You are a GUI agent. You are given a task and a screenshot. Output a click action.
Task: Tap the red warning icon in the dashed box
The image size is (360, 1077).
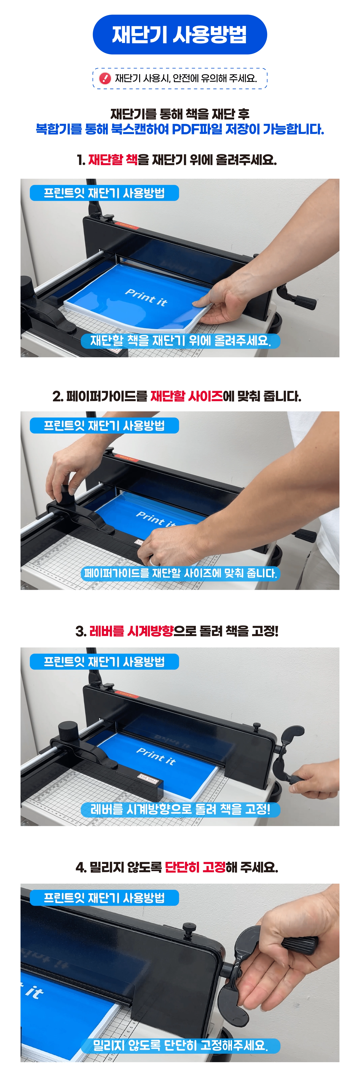click(x=105, y=78)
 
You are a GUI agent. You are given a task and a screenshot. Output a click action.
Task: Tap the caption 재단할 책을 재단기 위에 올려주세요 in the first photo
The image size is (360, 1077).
click(x=181, y=341)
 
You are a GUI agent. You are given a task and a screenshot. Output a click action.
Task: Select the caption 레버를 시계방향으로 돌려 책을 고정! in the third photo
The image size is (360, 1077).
click(x=181, y=809)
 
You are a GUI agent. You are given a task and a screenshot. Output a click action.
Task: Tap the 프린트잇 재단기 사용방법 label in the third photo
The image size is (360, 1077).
click(x=105, y=662)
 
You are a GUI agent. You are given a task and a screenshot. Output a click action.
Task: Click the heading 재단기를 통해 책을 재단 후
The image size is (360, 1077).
click(x=180, y=114)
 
